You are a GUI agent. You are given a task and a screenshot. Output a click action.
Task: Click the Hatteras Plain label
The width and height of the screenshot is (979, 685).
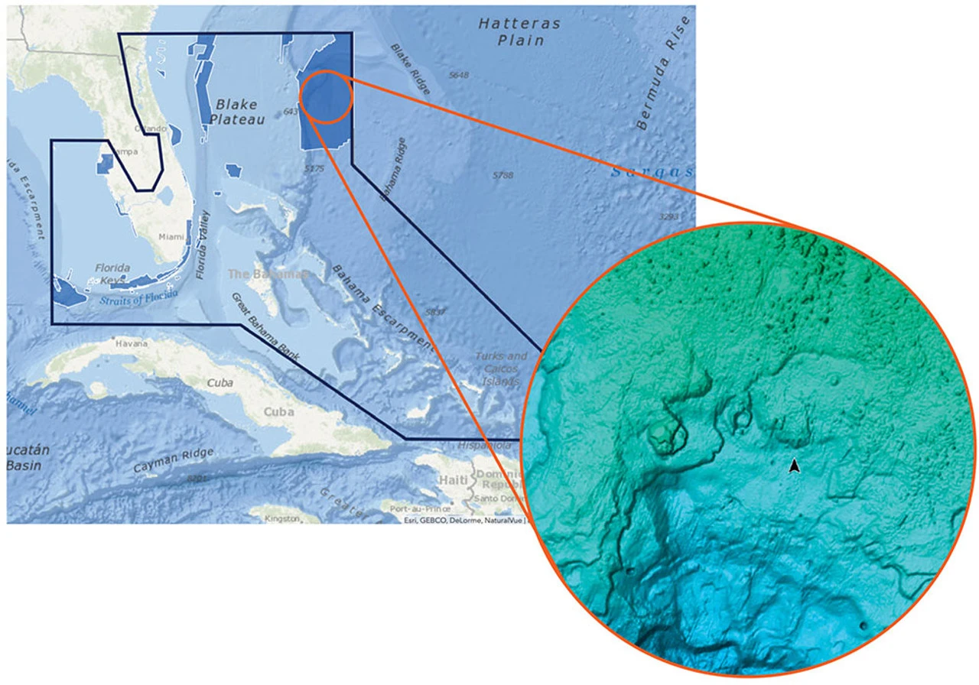pos(519,31)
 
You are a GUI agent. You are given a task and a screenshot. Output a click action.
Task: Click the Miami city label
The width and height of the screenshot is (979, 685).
pos(171,237)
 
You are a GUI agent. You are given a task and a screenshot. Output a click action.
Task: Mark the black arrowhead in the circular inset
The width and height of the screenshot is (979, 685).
pos(795,466)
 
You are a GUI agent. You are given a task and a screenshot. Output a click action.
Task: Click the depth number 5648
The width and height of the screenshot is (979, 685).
pos(459,75)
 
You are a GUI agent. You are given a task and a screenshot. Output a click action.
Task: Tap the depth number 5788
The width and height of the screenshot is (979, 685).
pos(503,175)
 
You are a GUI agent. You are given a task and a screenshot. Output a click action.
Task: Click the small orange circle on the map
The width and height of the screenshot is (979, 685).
pos(326,96)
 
